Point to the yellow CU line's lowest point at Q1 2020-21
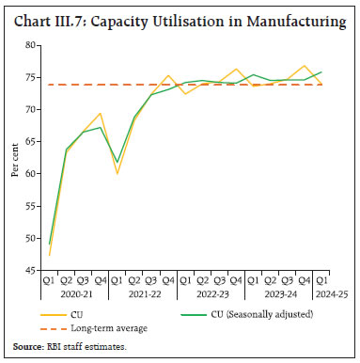pos(49,255)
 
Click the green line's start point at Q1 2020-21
pos(49,244)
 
